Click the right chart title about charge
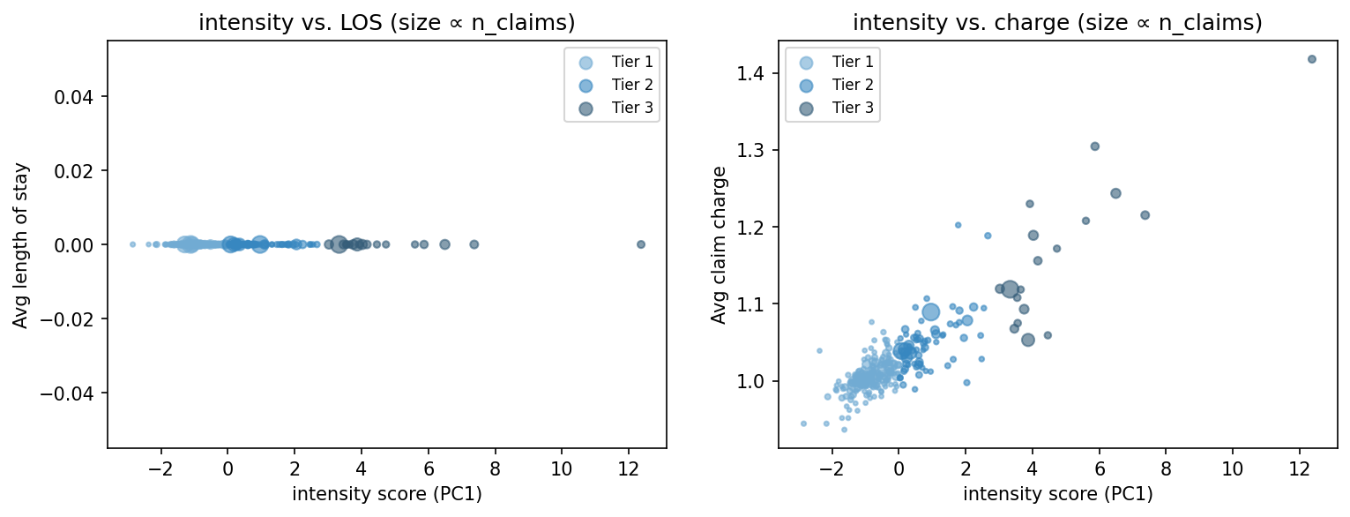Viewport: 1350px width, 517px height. click(1057, 24)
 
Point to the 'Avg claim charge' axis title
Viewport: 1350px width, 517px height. click(720, 244)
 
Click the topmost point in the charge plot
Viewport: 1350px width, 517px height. click(1311, 59)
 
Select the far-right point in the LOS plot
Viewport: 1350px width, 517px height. click(641, 244)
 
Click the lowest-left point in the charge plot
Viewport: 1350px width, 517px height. click(803, 423)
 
